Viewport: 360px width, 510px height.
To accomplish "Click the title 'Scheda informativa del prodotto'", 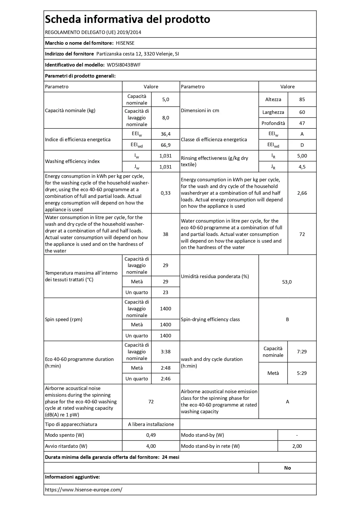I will coord(127,19).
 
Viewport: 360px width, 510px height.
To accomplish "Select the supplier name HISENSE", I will coord(125,43).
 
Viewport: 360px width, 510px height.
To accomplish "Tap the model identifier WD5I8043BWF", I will coord(124,65).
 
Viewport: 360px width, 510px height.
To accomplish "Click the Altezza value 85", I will coord(302,99).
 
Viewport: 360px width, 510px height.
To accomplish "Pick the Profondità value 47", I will coord(302,123).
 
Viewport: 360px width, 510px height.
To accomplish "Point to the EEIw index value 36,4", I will coord(165,134).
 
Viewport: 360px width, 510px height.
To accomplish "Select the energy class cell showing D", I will coord(302,145).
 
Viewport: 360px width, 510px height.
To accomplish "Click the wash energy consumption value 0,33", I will coord(165,193).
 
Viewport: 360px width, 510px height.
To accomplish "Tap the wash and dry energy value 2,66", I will coord(302,193).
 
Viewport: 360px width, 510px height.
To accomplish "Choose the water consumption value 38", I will coord(165,234).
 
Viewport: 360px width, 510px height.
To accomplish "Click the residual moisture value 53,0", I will coord(287,282).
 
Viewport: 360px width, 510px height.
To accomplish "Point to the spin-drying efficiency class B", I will coord(287,319).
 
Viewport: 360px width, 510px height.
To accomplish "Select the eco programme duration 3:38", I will coord(165,352).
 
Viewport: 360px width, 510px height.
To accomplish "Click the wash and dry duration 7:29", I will coord(302,352).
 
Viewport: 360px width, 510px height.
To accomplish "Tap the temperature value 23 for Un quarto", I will coord(165,292).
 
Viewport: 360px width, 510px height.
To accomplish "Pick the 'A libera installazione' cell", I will coord(151,424).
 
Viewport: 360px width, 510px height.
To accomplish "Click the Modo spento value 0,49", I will coord(151,435).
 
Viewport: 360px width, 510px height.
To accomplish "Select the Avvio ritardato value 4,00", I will coord(151,446).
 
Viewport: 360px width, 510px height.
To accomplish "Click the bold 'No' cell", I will coord(287,468).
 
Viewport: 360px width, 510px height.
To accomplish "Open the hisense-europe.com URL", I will coord(84,490).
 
